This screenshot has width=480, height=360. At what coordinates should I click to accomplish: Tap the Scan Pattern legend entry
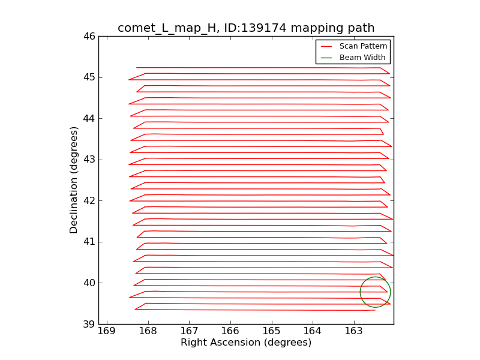(x=363, y=46)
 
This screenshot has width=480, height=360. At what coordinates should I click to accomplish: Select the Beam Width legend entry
(x=362, y=58)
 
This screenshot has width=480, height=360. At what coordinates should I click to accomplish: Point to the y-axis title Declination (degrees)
(x=74, y=180)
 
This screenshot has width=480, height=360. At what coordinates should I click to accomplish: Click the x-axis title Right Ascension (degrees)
(x=246, y=343)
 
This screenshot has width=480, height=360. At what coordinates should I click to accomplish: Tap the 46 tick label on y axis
(x=89, y=36)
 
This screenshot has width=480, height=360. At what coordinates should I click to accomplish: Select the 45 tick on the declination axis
(x=89, y=77)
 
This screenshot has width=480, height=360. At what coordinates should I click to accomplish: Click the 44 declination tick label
(x=89, y=118)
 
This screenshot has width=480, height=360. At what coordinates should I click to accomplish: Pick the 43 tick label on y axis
(x=89, y=160)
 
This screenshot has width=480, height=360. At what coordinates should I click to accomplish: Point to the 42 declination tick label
(x=89, y=200)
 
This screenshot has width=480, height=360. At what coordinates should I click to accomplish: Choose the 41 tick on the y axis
(x=89, y=242)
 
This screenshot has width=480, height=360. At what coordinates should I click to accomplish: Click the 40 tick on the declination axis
(x=89, y=283)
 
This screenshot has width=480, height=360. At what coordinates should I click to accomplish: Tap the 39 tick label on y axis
(x=89, y=324)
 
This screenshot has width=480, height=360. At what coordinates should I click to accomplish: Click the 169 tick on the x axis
(x=107, y=331)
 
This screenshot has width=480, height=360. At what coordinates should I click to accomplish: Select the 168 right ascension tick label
(x=148, y=331)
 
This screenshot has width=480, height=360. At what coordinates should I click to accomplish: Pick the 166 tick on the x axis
(x=230, y=331)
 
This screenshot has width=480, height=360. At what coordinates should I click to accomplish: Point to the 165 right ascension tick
(x=271, y=331)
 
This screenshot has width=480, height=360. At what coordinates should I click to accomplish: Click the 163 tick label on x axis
(x=353, y=331)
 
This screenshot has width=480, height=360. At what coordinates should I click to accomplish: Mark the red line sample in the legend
(x=326, y=46)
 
